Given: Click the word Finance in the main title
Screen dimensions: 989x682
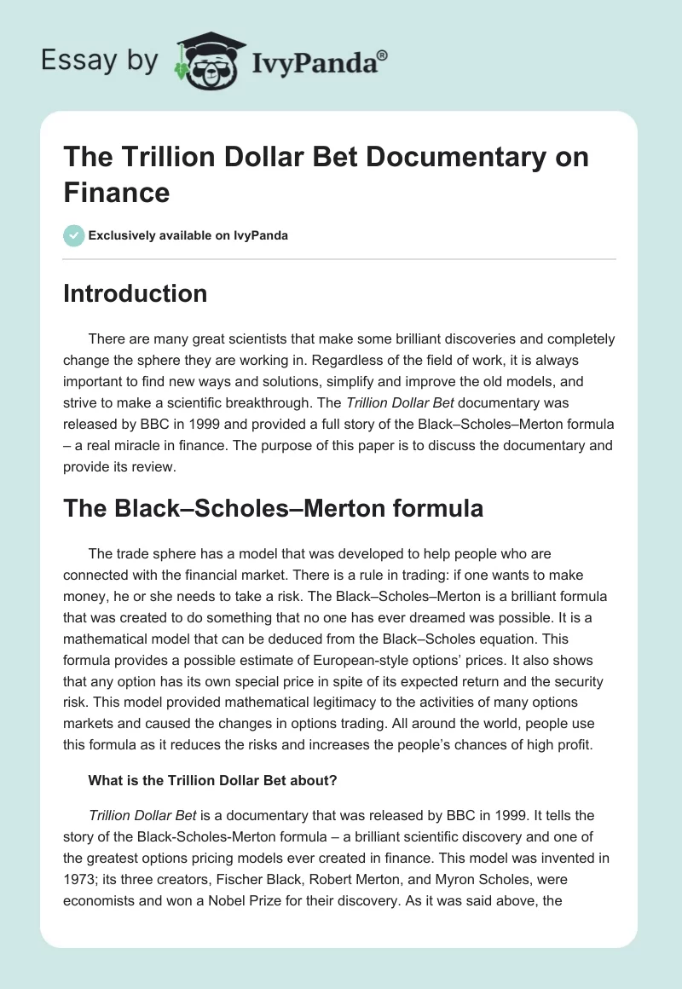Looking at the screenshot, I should point(117,192).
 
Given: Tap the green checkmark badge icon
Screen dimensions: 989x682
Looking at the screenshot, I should point(74,235).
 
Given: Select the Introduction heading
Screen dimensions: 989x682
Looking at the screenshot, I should point(136,293).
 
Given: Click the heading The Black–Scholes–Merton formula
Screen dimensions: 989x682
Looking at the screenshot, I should point(274,509).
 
